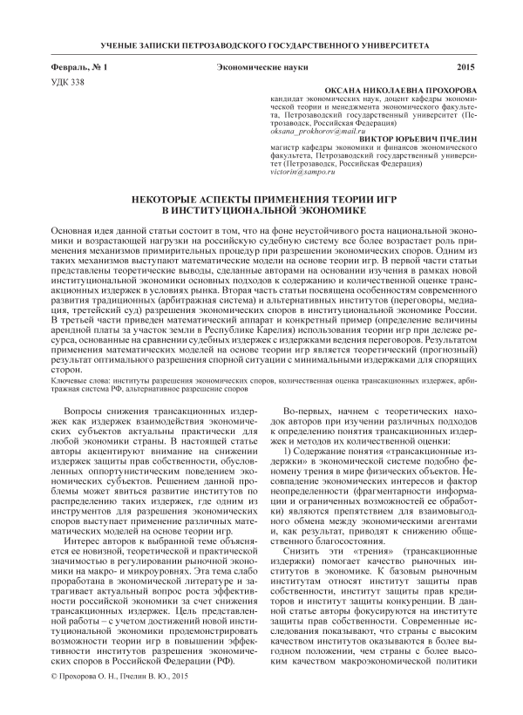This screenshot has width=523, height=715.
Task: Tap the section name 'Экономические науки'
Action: click(260, 67)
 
